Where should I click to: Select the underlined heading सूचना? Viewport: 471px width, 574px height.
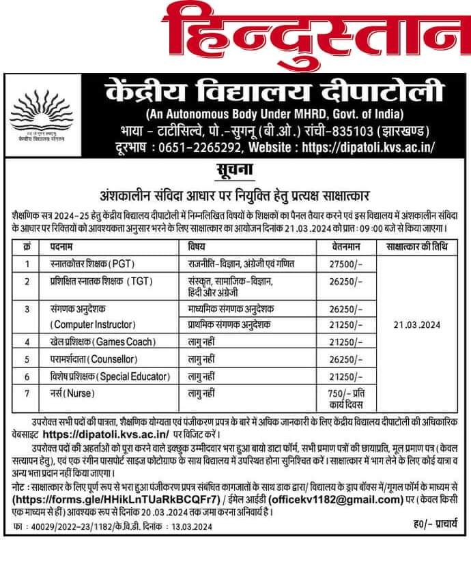pos(234,170)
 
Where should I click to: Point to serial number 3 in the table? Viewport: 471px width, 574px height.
pos(27,309)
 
